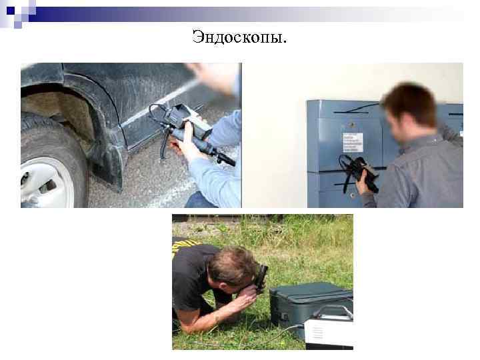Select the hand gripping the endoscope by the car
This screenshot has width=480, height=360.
189,148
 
